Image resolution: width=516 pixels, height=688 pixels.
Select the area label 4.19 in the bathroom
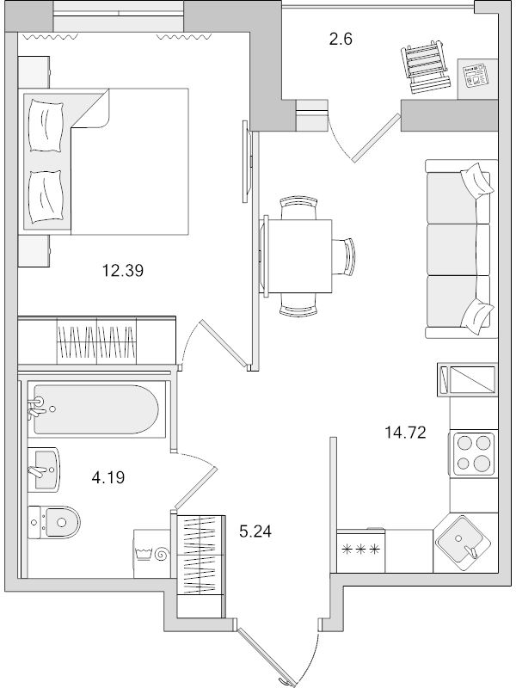click(107, 475)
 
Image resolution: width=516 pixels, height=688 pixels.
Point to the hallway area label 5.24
click(255, 531)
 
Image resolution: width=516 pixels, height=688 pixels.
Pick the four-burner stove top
click(473, 454)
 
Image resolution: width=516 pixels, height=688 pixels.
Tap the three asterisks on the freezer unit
click(360, 548)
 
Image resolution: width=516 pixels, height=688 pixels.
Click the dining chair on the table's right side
click(348, 255)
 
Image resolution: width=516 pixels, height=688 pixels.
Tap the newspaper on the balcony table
click(474, 76)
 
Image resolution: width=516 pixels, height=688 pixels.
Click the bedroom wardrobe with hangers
click(97, 341)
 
